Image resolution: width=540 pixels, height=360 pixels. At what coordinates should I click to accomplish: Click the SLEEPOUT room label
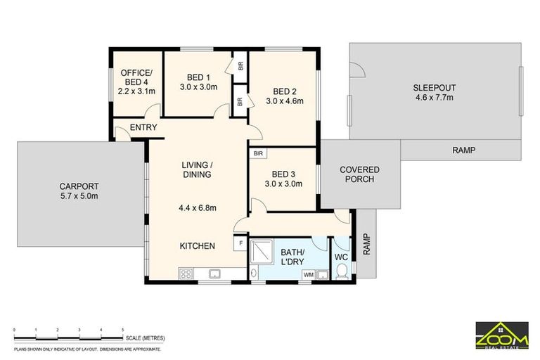point(434,87)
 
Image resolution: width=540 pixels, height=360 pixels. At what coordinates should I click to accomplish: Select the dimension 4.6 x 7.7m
point(434,98)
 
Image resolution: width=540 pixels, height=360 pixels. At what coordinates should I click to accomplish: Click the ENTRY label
point(143,127)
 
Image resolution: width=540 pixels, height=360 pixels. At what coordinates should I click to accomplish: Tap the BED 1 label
point(198,77)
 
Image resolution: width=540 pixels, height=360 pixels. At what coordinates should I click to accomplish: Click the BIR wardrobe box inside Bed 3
point(258,153)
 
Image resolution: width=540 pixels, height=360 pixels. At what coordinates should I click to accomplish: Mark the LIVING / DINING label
point(198,169)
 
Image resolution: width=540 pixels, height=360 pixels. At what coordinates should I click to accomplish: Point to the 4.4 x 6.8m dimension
point(198,207)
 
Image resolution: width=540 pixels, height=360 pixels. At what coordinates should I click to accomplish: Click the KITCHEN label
point(197,245)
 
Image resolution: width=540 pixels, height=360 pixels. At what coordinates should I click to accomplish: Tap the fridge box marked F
point(241,243)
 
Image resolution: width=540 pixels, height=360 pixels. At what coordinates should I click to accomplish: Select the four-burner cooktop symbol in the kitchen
point(187,274)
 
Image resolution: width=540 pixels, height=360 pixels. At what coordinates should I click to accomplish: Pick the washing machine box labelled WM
point(308,274)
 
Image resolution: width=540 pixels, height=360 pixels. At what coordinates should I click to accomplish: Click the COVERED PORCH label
point(359,174)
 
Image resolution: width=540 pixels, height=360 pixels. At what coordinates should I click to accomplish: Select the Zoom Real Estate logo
point(502,335)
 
